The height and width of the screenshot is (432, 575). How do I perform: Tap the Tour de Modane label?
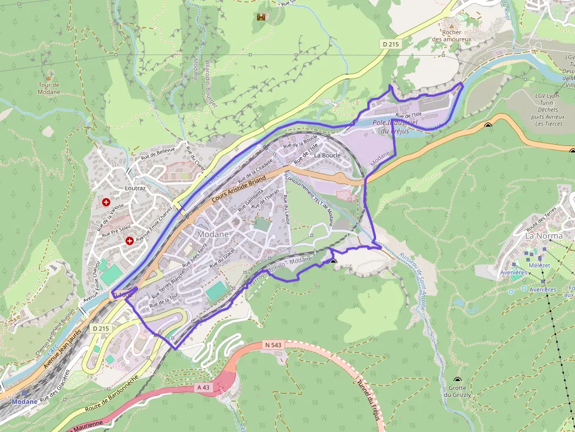pos(49,89)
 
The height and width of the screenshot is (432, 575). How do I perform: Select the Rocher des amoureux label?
pos(452,36)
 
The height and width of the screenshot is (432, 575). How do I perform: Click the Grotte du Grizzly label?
pos(458,392)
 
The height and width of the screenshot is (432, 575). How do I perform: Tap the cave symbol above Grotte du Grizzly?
pos(458,380)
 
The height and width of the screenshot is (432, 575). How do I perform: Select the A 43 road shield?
pos(203,388)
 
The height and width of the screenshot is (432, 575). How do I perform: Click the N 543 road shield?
pos(273,345)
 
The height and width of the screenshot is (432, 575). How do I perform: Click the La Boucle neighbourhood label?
pos(327,156)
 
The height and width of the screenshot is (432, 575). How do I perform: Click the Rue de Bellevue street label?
pos(158,154)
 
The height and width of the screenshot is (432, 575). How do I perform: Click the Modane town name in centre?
pos(213,233)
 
